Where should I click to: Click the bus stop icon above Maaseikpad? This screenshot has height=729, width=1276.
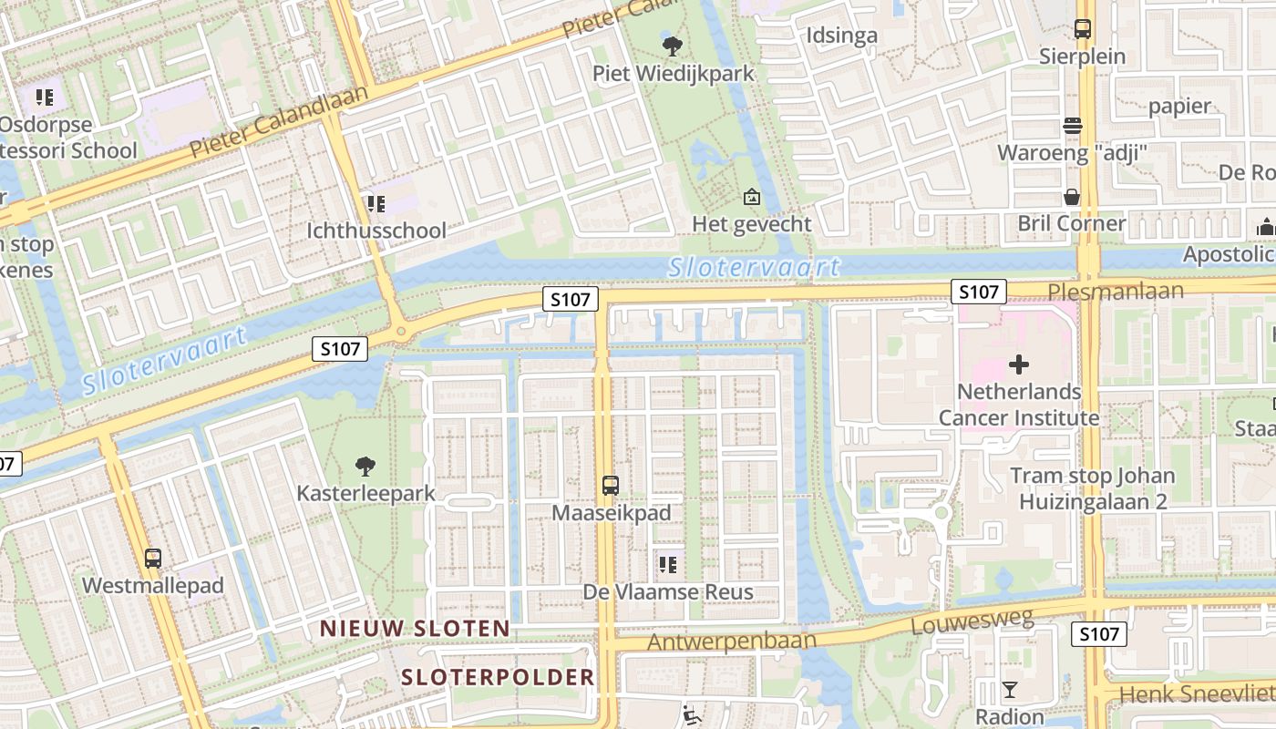(611, 486)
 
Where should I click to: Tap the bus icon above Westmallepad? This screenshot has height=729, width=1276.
(153, 558)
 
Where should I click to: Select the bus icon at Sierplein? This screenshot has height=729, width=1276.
(1083, 29)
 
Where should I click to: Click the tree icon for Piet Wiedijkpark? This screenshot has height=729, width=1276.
(673, 45)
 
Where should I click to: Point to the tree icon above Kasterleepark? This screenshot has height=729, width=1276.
(365, 467)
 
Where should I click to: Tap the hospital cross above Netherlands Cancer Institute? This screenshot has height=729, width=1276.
(1019, 365)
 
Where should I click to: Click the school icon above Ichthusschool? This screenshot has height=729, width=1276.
(376, 203)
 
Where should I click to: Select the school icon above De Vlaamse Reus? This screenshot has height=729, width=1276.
(668, 565)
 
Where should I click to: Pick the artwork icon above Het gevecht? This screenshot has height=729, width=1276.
(752, 197)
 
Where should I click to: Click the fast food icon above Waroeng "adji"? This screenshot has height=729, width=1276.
(1073, 126)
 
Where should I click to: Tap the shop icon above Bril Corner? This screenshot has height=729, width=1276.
(1072, 197)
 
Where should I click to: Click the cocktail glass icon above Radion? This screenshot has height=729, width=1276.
(1010, 690)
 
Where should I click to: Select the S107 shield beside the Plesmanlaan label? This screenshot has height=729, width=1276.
(979, 292)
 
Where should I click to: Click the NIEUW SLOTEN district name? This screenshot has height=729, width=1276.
(415, 628)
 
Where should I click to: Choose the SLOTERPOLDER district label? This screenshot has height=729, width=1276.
(498, 677)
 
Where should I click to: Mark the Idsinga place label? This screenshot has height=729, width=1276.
(842, 36)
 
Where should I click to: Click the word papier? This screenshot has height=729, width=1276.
(1179, 106)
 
